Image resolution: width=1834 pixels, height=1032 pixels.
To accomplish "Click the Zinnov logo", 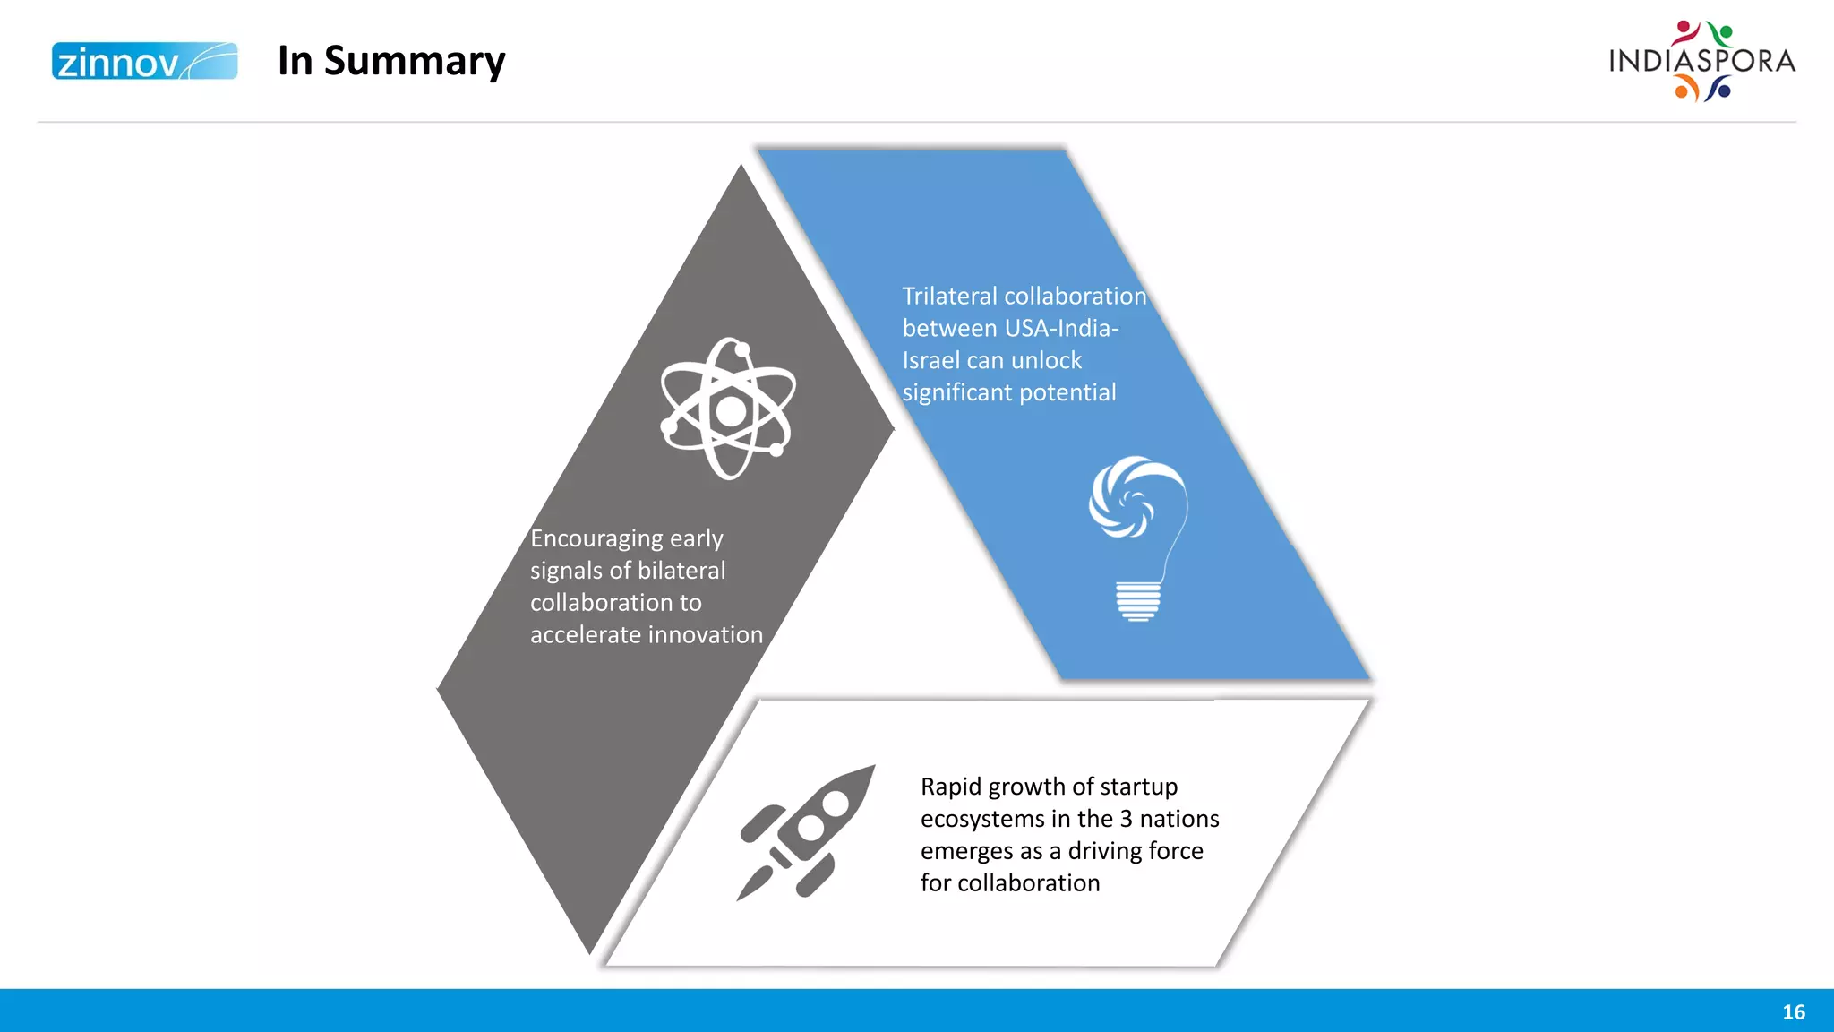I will [x=144, y=61].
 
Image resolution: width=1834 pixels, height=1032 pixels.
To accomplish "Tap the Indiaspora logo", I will [x=1701, y=61].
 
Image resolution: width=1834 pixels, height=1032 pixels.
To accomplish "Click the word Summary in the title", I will [x=415, y=61].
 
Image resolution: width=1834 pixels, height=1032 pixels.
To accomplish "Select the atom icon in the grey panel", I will [x=728, y=408].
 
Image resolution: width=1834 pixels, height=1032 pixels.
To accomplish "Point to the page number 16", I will [x=1793, y=1012].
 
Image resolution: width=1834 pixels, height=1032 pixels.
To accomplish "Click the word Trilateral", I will [x=949, y=297].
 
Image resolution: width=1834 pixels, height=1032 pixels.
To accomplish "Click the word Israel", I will [x=930, y=361].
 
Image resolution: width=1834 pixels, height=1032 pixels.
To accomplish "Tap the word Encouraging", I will [x=596, y=539].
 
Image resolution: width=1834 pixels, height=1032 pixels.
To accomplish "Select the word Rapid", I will [x=950, y=787].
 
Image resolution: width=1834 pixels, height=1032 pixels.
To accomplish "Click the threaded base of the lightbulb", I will [x=1138, y=601].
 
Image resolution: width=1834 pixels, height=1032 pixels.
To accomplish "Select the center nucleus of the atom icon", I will [x=731, y=411].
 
